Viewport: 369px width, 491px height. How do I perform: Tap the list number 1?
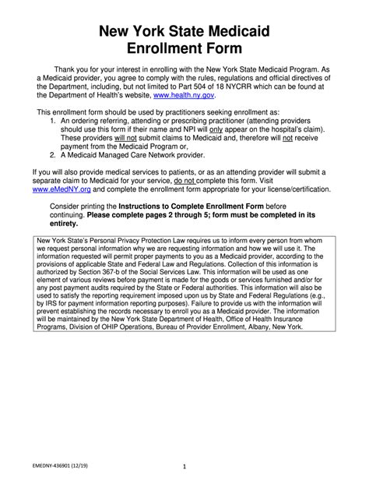coord(53,121)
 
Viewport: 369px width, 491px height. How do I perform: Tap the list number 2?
coord(53,155)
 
